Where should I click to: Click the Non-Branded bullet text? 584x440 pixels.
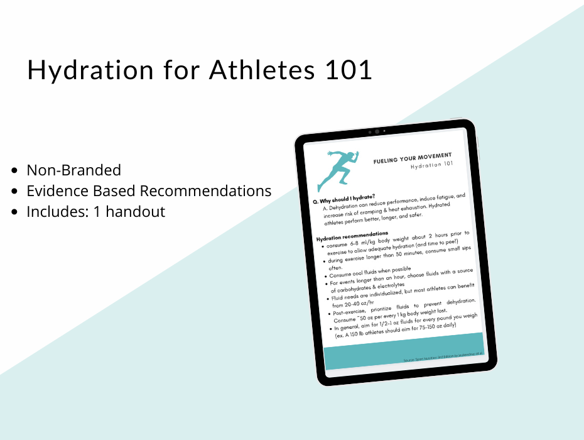[73, 170]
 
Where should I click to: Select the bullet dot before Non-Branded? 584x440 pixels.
[15, 171]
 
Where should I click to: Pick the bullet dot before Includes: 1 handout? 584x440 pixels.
[15, 212]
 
